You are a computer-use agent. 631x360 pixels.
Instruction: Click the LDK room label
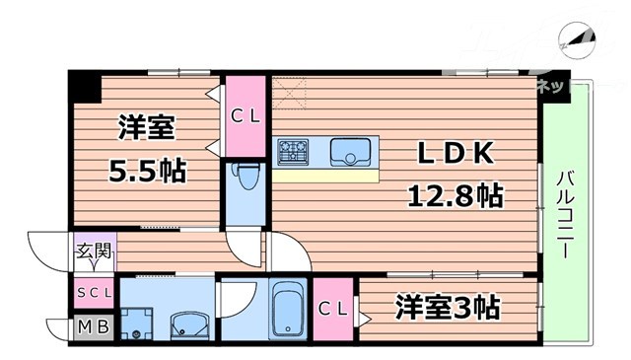click(455, 154)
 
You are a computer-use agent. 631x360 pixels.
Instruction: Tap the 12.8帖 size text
click(456, 194)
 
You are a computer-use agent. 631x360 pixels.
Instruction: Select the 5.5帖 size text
click(147, 170)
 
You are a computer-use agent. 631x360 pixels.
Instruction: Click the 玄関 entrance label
click(94, 251)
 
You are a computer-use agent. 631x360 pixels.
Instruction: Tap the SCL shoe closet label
click(94, 293)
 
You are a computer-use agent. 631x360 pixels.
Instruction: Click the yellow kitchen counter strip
click(326, 176)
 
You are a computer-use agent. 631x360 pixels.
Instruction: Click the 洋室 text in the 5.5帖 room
click(147, 128)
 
